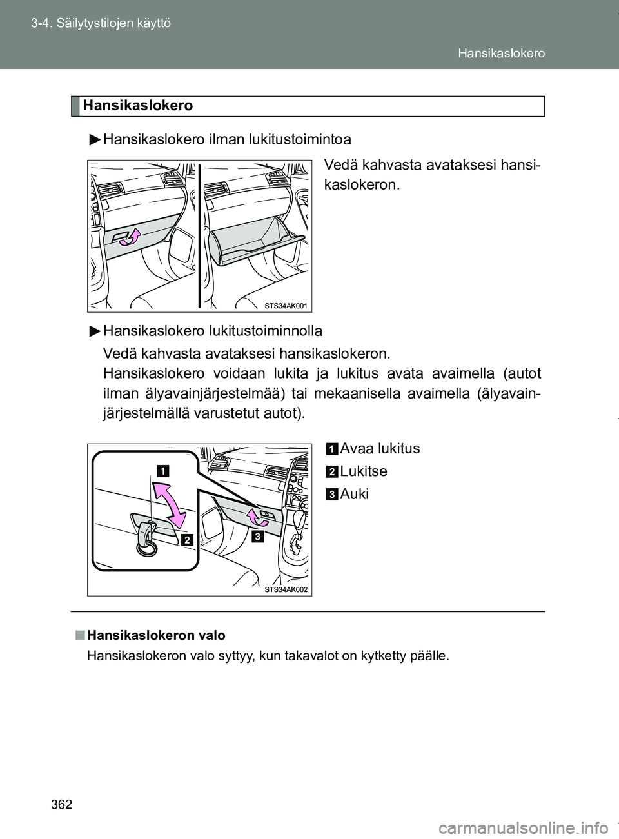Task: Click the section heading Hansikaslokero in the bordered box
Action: click(137, 106)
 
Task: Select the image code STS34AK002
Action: click(285, 589)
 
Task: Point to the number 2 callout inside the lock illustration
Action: click(188, 540)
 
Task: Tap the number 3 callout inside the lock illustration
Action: click(257, 537)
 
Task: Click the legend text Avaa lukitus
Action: click(379, 449)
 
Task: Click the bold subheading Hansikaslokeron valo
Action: click(155, 635)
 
